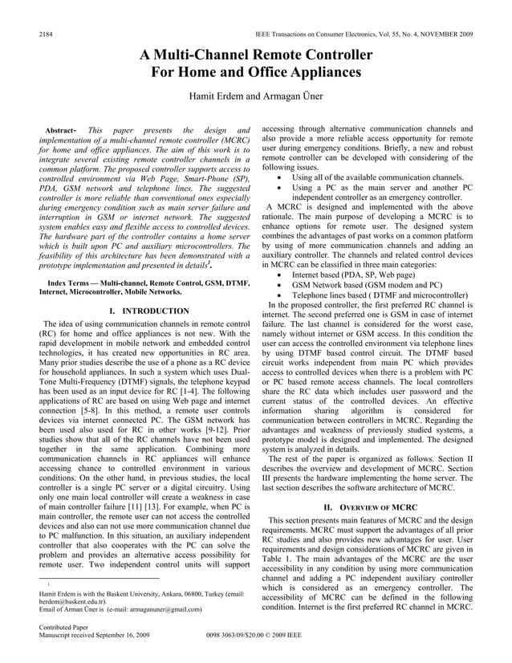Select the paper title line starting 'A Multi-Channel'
(256, 55)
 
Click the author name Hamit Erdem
(214, 97)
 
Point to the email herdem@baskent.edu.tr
(67, 601)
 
